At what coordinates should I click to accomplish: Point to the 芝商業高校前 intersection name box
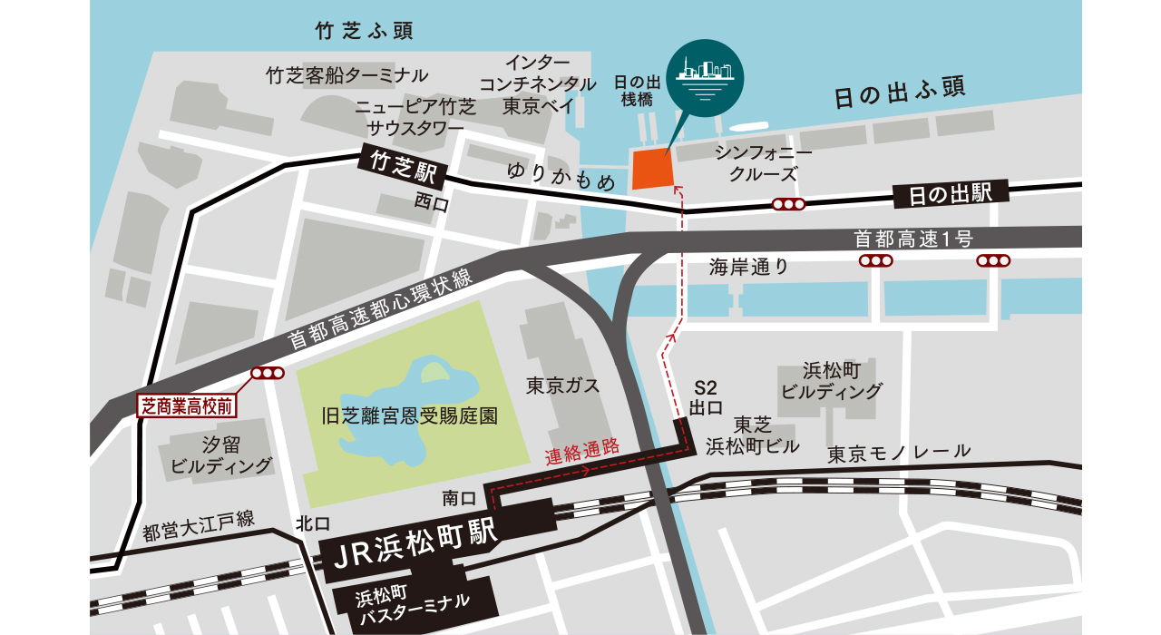click(186, 405)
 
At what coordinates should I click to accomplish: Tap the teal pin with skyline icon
click(703, 80)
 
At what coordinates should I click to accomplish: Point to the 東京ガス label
click(563, 386)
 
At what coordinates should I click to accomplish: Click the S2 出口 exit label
click(706, 396)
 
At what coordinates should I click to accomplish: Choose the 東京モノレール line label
click(899, 451)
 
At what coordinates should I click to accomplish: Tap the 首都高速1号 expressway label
click(912, 239)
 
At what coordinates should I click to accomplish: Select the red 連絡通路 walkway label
click(581, 450)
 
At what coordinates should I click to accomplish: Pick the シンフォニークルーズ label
click(763, 162)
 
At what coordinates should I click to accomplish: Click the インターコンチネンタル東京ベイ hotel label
click(539, 84)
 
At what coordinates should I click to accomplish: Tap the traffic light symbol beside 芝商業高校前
click(268, 373)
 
